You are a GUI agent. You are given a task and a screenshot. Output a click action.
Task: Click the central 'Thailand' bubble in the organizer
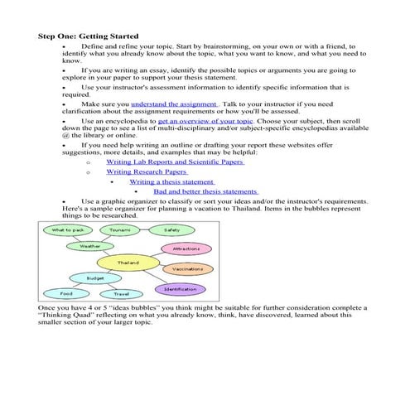[x=128, y=263]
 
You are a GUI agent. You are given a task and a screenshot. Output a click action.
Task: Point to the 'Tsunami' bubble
[x=119, y=229]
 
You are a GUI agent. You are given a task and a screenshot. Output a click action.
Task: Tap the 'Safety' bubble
[x=171, y=229]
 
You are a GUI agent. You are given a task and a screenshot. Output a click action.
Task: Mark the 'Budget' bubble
[x=84, y=278]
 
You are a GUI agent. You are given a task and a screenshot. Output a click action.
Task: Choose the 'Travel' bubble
[x=121, y=294]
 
